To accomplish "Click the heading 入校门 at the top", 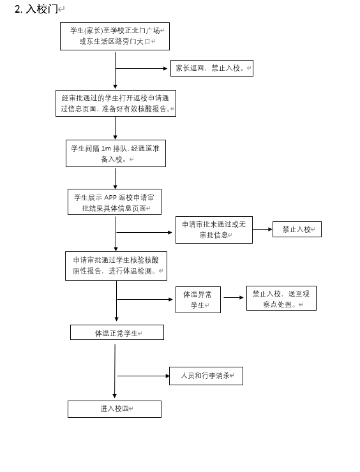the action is tap(41, 9).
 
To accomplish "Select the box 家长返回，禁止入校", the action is tap(212, 68).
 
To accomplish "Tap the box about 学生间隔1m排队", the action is tap(116, 153).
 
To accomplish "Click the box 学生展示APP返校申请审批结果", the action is tap(114, 202).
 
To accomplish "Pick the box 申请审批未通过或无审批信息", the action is tap(214, 230).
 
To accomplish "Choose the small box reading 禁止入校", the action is tap(297, 230).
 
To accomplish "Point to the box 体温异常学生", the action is tap(198, 300).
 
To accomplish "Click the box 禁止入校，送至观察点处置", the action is tap(281, 298).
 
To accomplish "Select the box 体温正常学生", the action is tap(117, 332).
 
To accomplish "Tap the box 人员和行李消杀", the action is tap(206, 376).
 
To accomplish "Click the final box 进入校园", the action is tap(114, 409).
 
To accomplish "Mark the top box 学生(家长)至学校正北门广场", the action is tap(115, 36).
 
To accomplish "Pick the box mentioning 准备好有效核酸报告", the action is tap(116, 103).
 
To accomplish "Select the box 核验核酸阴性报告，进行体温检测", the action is tap(116, 266).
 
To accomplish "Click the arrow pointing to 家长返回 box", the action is tap(141, 69).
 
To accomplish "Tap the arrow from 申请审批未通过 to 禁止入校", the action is tap(262, 230).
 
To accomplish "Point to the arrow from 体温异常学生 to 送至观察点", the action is tap(234, 298).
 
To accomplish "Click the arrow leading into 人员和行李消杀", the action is tap(143, 376).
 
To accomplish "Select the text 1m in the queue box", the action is tap(106, 149).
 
